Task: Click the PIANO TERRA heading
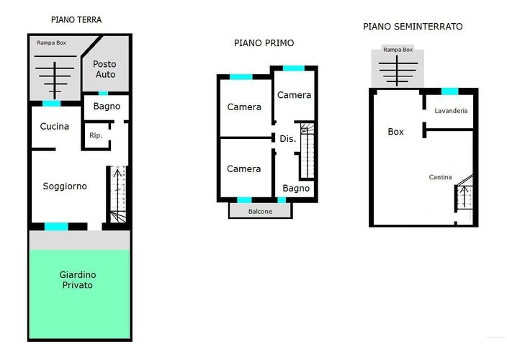[76, 19]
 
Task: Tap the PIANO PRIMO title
[264, 43]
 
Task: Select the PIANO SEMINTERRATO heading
[413, 27]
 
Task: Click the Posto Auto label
[104, 69]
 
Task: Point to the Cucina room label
[54, 126]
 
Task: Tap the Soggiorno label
[65, 186]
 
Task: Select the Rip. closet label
[96, 135]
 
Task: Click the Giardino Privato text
[78, 280]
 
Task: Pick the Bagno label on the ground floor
[107, 107]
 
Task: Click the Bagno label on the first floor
[296, 189]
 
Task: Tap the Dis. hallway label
[288, 139]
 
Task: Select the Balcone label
[260, 212]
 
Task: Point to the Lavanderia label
[451, 111]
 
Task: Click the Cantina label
[440, 177]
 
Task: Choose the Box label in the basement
[396, 132]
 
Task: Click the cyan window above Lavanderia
[450, 91]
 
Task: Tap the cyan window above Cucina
[52, 104]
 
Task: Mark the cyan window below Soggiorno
[56, 226]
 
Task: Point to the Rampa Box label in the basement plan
[398, 50]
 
